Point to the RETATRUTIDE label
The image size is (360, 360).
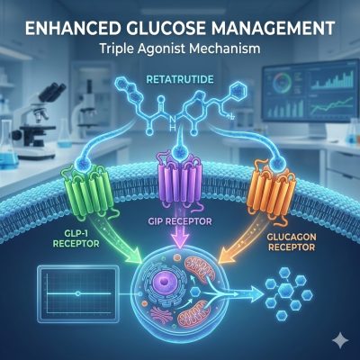coord(180,80)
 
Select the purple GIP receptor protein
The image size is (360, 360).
coord(179,183)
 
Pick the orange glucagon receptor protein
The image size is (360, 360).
coord(271,189)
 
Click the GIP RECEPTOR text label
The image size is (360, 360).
coord(180,221)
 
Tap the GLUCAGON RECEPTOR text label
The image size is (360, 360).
coord(292,242)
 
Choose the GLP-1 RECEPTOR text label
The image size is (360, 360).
coord(76,238)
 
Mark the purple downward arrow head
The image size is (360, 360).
coord(179,241)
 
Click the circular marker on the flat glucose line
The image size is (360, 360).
coord(77,294)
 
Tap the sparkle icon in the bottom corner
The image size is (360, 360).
coord(341,341)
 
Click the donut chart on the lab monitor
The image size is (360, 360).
coord(282,80)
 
